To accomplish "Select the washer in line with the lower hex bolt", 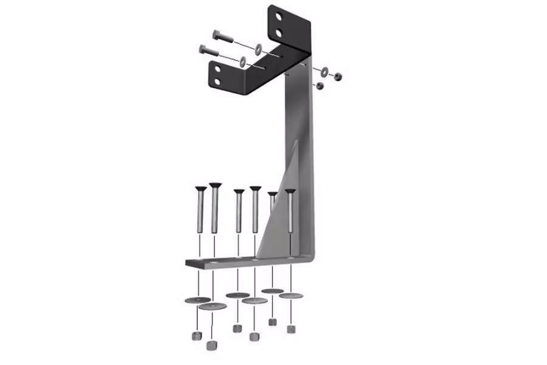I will click(x=243, y=61).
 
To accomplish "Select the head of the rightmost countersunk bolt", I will click(x=291, y=192).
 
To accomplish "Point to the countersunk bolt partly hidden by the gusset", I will click(x=272, y=196).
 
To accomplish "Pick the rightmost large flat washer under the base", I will click(x=291, y=296).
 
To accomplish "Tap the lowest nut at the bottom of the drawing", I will click(x=212, y=346).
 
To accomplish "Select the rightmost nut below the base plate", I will click(x=292, y=329).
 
